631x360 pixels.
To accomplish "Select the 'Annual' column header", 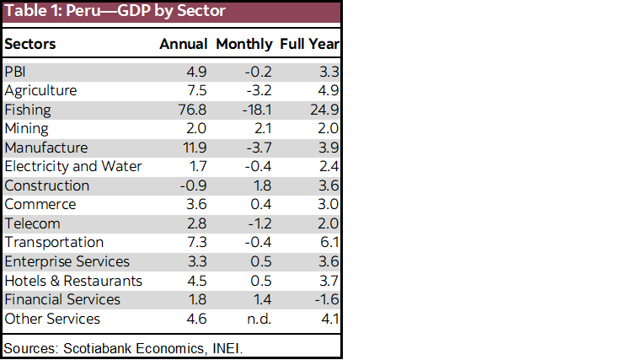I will (184, 44).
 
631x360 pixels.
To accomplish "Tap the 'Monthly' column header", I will (244, 44).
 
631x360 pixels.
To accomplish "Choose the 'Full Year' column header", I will (309, 44).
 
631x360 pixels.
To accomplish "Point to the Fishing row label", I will (28, 110).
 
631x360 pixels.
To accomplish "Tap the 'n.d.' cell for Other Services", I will (259, 319).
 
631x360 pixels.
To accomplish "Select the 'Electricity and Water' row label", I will (73, 166).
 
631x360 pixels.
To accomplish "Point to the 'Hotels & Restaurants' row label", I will (73, 281).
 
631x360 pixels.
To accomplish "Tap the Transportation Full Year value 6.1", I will (329, 242).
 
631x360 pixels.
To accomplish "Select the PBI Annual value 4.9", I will (197, 72).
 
